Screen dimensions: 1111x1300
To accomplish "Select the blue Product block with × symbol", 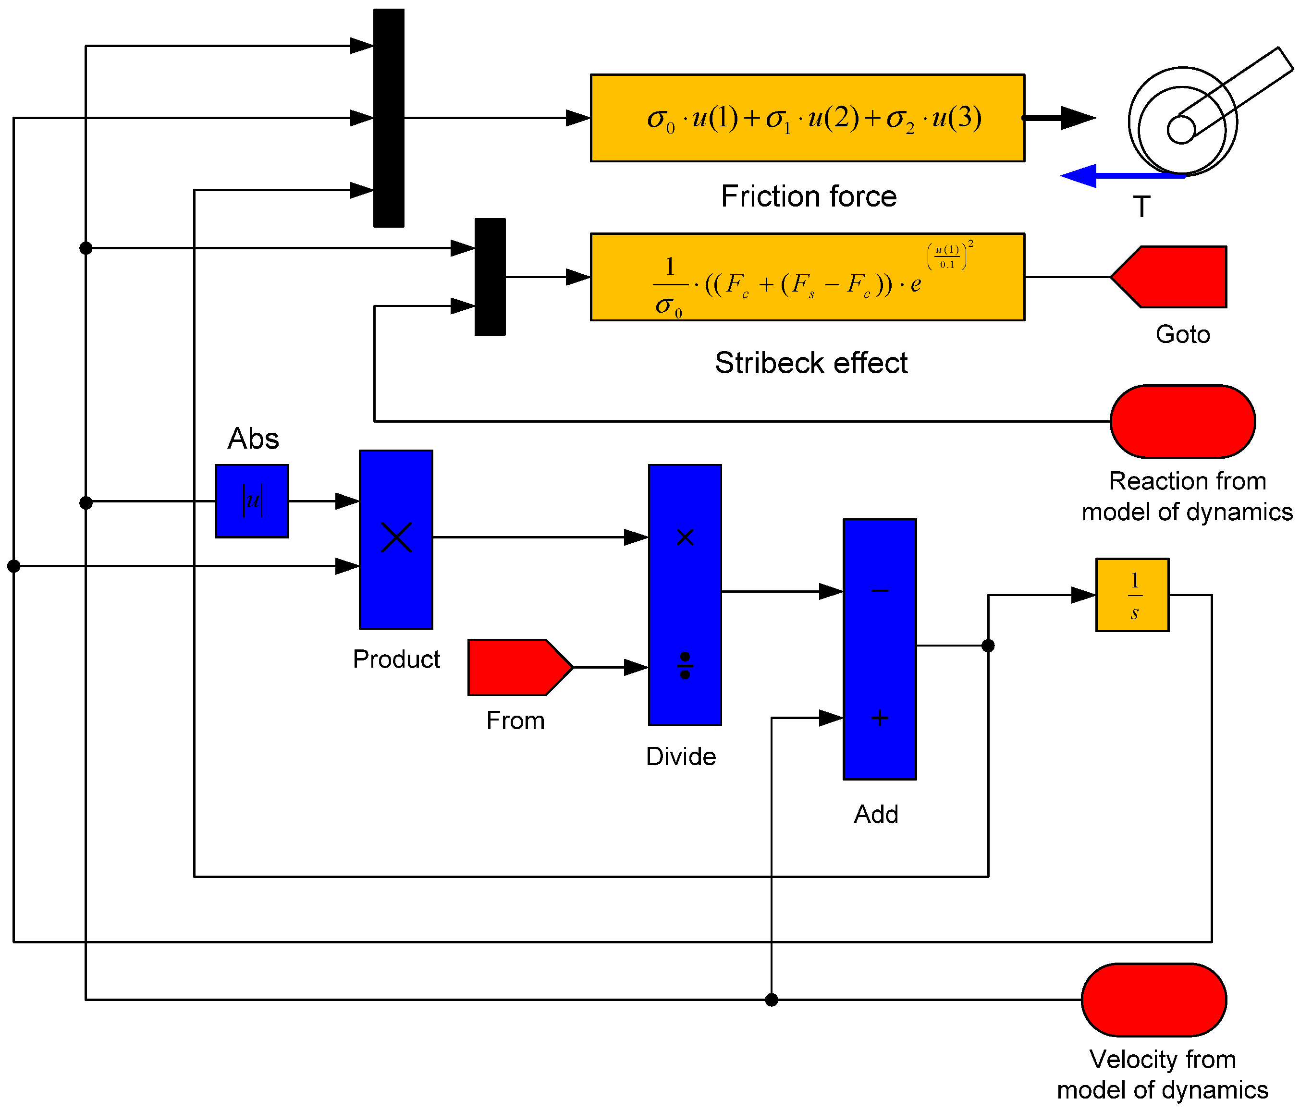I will tap(396, 539).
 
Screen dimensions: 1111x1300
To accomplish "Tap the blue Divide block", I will tap(685, 595).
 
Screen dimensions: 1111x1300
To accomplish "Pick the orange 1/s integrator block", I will tap(1132, 595).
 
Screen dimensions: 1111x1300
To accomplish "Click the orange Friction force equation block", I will tap(808, 118).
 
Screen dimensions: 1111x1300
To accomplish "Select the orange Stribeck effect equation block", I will tap(808, 277).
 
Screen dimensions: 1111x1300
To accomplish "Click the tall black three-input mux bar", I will tap(388, 118).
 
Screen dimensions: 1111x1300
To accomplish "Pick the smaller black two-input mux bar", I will tap(490, 277).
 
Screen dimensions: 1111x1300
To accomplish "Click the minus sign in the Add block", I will tap(880, 590).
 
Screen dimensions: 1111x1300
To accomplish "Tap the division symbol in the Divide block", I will tap(685, 666).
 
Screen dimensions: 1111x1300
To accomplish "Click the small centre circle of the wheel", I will tap(1181, 130).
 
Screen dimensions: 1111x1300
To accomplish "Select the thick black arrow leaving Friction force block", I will tap(1060, 118).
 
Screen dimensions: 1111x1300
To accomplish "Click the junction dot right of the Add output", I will tap(988, 646).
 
